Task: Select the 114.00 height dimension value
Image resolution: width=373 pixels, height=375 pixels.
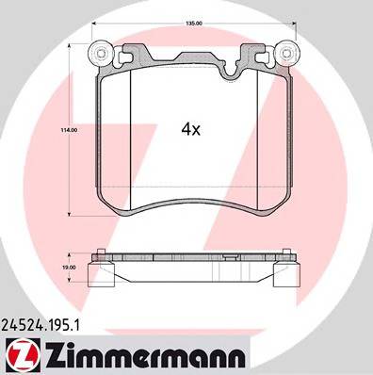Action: coord(68,130)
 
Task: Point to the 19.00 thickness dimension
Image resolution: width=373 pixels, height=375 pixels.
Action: coord(68,267)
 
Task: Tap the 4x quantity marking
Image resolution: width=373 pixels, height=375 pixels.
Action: coord(191,130)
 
